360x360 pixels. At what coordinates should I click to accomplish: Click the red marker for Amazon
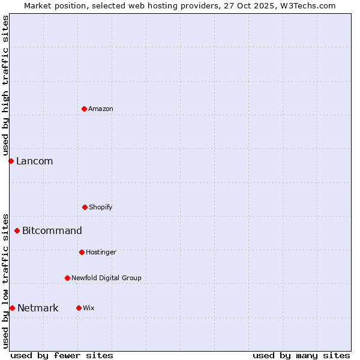(85, 109)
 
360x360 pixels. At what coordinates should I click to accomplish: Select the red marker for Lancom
(11, 161)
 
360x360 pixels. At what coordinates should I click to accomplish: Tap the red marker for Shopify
(85, 207)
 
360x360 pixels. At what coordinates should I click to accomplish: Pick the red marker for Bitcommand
(17, 230)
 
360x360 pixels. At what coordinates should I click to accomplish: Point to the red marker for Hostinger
(82, 252)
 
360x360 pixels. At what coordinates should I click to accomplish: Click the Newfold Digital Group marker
(67, 278)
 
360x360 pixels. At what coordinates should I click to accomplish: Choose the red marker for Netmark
(12, 308)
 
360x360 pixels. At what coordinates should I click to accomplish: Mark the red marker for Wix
(79, 308)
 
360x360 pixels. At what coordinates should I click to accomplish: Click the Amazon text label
(101, 109)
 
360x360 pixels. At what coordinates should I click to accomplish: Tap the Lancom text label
(35, 161)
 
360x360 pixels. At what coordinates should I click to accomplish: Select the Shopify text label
(101, 207)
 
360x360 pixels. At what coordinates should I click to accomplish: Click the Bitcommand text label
(52, 230)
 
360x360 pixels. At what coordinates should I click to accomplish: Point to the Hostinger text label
(101, 252)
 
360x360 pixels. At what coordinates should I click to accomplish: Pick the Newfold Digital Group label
(106, 278)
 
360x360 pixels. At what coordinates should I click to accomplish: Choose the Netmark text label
(38, 308)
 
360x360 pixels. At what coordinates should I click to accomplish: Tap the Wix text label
(89, 308)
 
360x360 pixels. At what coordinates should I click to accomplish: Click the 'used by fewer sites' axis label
(62, 355)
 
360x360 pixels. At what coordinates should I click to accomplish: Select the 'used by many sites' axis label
(301, 355)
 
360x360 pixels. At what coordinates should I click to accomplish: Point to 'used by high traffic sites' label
(5, 85)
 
